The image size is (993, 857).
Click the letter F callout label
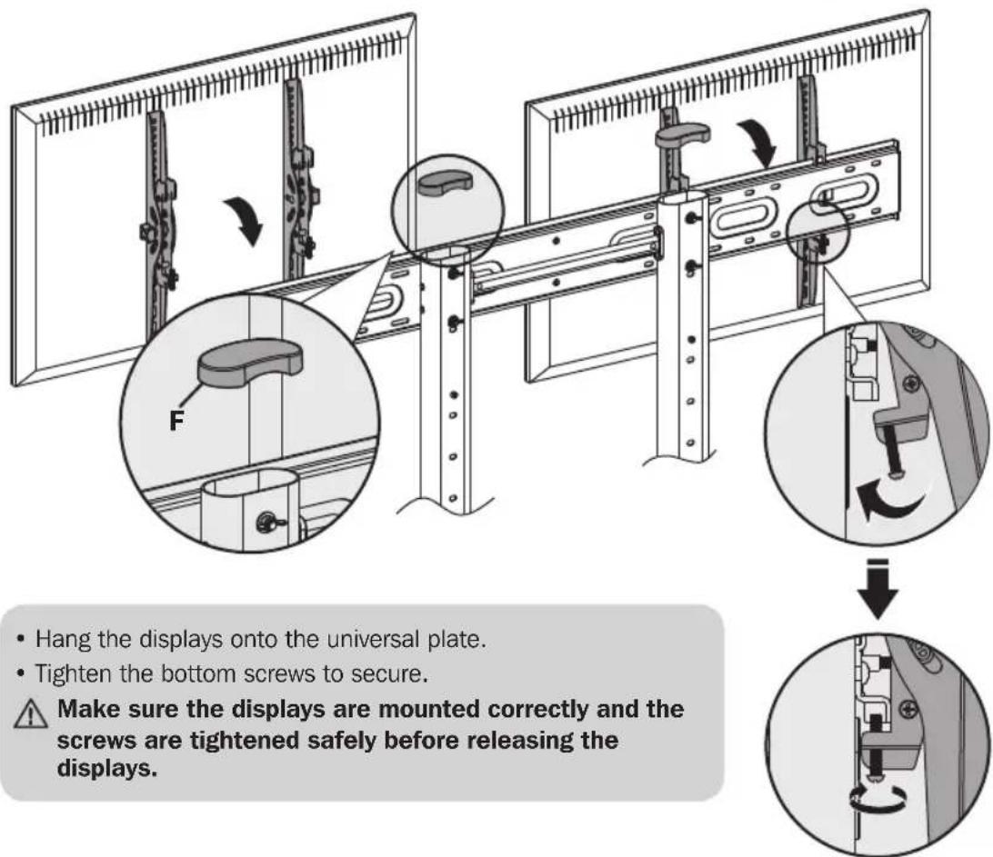[176, 420]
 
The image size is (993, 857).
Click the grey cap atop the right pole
[682, 135]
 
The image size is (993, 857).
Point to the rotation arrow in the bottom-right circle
[877, 800]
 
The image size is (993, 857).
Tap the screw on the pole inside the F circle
[266, 523]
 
